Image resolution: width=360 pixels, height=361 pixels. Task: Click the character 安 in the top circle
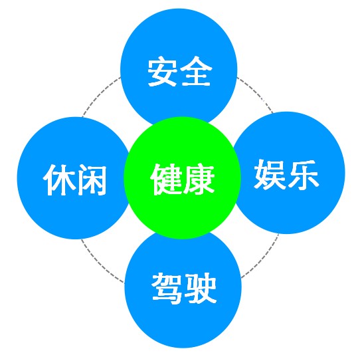coord(163,71)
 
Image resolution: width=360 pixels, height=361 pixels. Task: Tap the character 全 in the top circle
coord(196,71)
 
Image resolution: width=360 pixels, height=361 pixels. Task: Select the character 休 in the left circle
coord(58,180)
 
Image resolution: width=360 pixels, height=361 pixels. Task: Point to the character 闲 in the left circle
coord(91,180)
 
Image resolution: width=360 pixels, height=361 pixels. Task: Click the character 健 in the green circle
coord(165,180)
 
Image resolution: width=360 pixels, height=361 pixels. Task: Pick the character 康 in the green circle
coord(199,180)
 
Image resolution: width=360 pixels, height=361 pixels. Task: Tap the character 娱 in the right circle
coord(269,174)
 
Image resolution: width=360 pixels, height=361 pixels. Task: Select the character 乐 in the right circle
coord(303,174)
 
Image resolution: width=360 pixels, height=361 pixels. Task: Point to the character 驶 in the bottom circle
coord(201,289)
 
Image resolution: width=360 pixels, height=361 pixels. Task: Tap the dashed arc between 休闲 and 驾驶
coord(100,264)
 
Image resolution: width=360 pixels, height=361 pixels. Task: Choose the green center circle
coord(182,178)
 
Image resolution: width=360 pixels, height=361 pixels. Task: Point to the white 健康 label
coord(182,180)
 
